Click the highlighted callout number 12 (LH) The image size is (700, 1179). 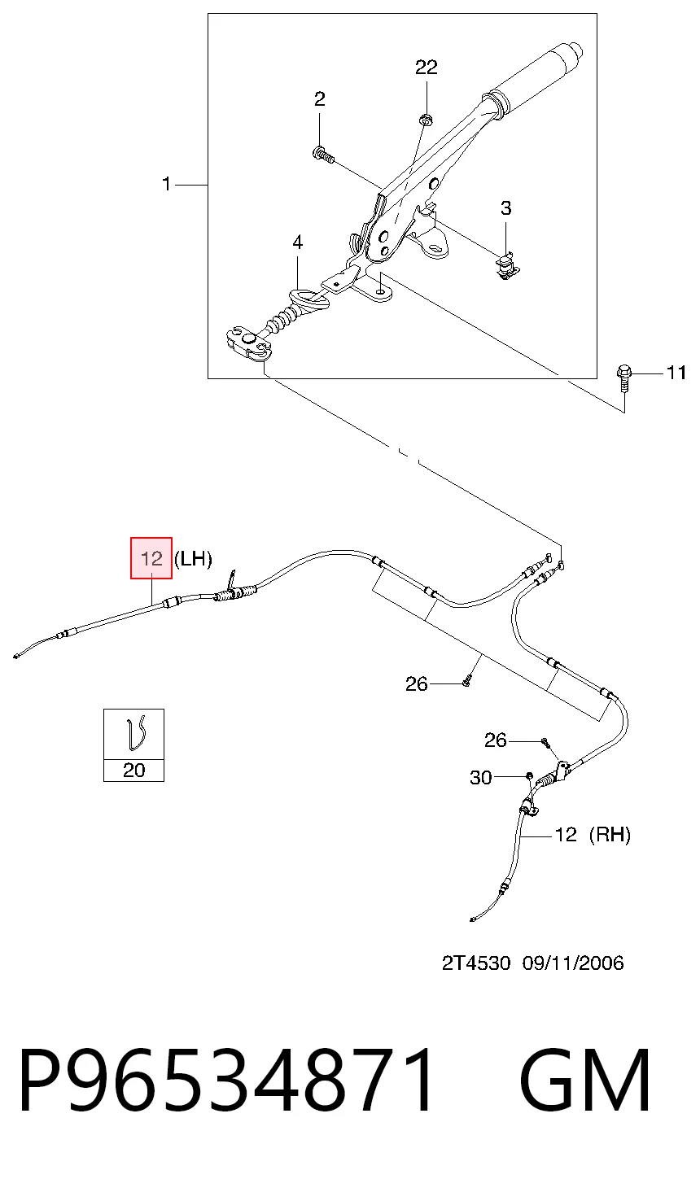click(x=151, y=558)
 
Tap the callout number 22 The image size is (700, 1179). click(x=427, y=67)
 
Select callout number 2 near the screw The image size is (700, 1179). click(x=320, y=98)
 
